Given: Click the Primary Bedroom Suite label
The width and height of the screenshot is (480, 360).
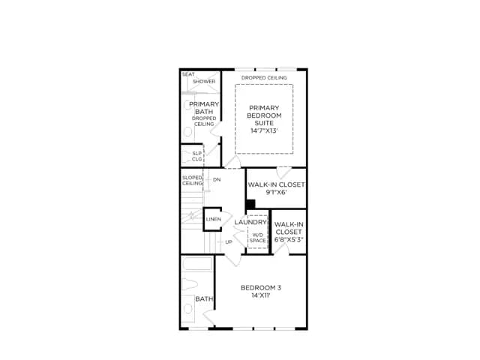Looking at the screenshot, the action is pyautogui.click(x=264, y=115).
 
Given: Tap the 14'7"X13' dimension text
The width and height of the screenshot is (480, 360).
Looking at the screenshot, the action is pyautogui.click(x=264, y=130).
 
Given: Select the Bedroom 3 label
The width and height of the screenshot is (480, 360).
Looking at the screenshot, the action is pyautogui.click(x=261, y=288).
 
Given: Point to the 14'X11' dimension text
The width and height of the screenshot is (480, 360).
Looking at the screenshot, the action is pyautogui.click(x=261, y=295).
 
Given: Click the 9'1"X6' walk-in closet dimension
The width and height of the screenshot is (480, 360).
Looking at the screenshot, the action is pyautogui.click(x=276, y=192).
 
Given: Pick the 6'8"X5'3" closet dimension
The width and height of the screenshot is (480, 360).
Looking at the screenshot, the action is pyautogui.click(x=289, y=239).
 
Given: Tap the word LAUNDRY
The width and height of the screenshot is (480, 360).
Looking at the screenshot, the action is pyautogui.click(x=250, y=222).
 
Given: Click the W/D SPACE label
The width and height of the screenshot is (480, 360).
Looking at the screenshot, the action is pyautogui.click(x=257, y=238).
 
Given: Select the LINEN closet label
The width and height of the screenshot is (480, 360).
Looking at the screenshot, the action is pyautogui.click(x=213, y=219).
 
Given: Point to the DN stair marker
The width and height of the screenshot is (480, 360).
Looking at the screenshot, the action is pyautogui.click(x=217, y=179).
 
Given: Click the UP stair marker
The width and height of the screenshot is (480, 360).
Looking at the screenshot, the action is pyautogui.click(x=229, y=241).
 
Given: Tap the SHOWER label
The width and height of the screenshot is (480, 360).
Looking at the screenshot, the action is pyautogui.click(x=204, y=82).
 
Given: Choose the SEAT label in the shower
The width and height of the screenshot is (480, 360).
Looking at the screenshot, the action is pyautogui.click(x=188, y=74).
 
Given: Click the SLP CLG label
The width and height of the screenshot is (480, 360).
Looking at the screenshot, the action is pyautogui.click(x=196, y=156).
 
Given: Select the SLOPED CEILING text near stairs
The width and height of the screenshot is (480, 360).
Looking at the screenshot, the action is pyautogui.click(x=192, y=180).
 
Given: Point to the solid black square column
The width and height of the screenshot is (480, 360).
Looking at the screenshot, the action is pyautogui.click(x=250, y=204).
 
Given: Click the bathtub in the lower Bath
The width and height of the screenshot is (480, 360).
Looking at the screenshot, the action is pyautogui.click(x=196, y=264).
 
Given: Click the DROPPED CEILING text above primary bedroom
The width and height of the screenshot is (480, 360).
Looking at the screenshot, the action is pyautogui.click(x=264, y=78).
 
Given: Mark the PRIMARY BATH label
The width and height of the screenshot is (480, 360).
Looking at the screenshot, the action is pyautogui.click(x=204, y=108).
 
